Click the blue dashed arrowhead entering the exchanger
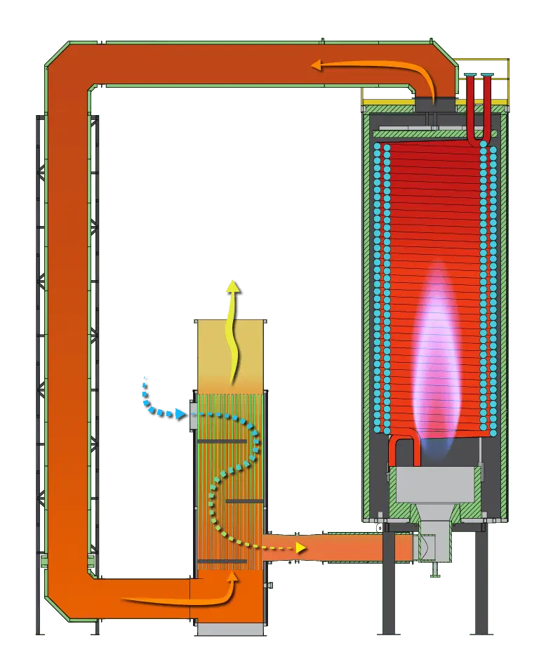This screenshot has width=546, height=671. click(x=180, y=415)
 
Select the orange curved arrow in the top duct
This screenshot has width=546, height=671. click(x=372, y=67)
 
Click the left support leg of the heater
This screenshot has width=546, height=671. click(x=388, y=583)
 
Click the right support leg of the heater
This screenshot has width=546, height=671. click(x=481, y=583)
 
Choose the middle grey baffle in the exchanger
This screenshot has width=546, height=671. click(x=244, y=500)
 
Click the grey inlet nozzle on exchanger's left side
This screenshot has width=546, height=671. click(x=194, y=414)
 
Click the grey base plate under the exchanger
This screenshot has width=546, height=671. click(x=229, y=628)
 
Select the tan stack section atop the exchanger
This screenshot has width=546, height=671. click(x=230, y=354)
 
